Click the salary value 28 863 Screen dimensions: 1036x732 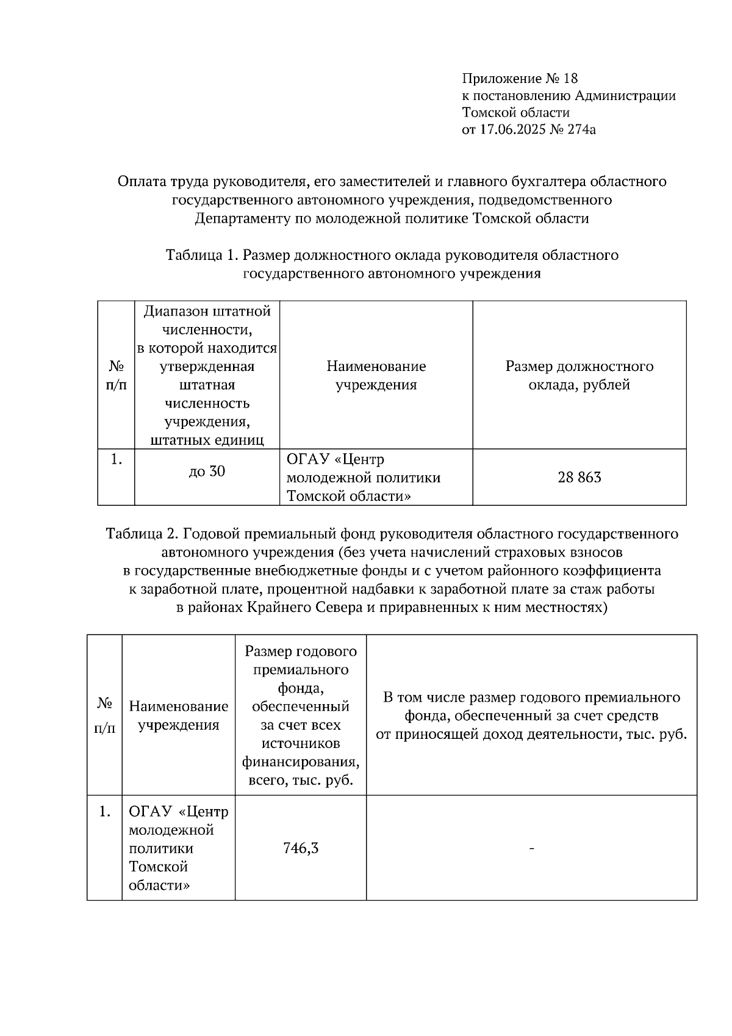pos(579,477)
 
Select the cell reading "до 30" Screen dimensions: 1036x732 pos(207,471)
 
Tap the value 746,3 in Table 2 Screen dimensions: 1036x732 pos(301,848)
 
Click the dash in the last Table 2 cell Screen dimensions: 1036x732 pos(532,848)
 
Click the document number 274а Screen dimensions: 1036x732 pos(579,129)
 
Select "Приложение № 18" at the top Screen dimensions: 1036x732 pos(520,79)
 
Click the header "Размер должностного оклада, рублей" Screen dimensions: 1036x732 pos(579,375)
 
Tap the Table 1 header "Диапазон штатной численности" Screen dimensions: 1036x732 pos(207,320)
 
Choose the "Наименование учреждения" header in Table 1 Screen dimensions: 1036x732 pos(376,375)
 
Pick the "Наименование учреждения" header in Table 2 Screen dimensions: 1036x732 pos(179,715)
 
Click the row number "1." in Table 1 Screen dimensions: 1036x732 pos(117,460)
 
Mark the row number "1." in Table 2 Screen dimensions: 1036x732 pos(105,811)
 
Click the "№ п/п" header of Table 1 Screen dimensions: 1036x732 pos(117,375)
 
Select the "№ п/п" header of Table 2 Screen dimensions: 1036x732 pos(105,715)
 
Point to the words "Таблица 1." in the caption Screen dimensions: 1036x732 pos(201,255)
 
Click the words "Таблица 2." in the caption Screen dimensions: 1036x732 pos(142,534)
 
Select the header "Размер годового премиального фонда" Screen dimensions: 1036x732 pos(301,669)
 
